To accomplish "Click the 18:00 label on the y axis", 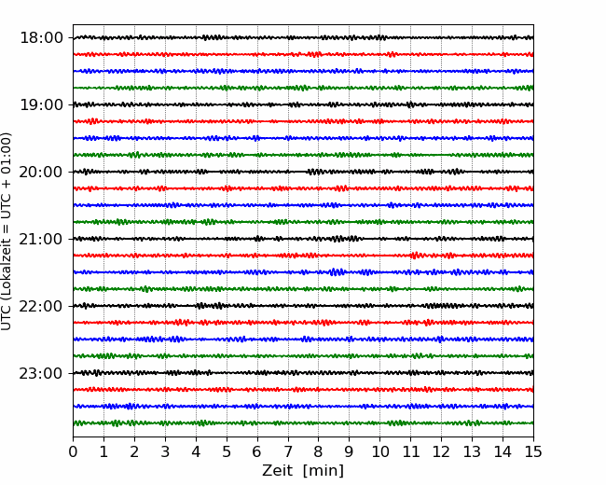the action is (x=41, y=38).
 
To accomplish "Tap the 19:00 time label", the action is (x=41, y=104).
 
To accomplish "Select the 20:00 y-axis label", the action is (x=41, y=172).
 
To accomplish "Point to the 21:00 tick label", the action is (x=41, y=239).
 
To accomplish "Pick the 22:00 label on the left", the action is (x=41, y=306).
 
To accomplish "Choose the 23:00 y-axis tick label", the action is (x=41, y=373).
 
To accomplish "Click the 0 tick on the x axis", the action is (x=73, y=451).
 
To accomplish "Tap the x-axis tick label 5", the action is (x=227, y=451).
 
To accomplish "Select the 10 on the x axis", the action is (x=379, y=451).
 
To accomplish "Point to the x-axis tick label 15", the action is (x=533, y=451).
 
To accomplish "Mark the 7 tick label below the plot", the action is (x=288, y=451).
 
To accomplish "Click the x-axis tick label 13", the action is (x=472, y=451).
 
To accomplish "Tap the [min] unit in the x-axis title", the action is (x=324, y=471).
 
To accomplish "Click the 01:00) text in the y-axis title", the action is (x=6, y=151).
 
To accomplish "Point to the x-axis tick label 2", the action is (x=134, y=451).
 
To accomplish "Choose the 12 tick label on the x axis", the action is (x=441, y=451).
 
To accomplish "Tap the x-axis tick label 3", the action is (x=165, y=451).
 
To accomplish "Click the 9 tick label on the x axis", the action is (x=350, y=451).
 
